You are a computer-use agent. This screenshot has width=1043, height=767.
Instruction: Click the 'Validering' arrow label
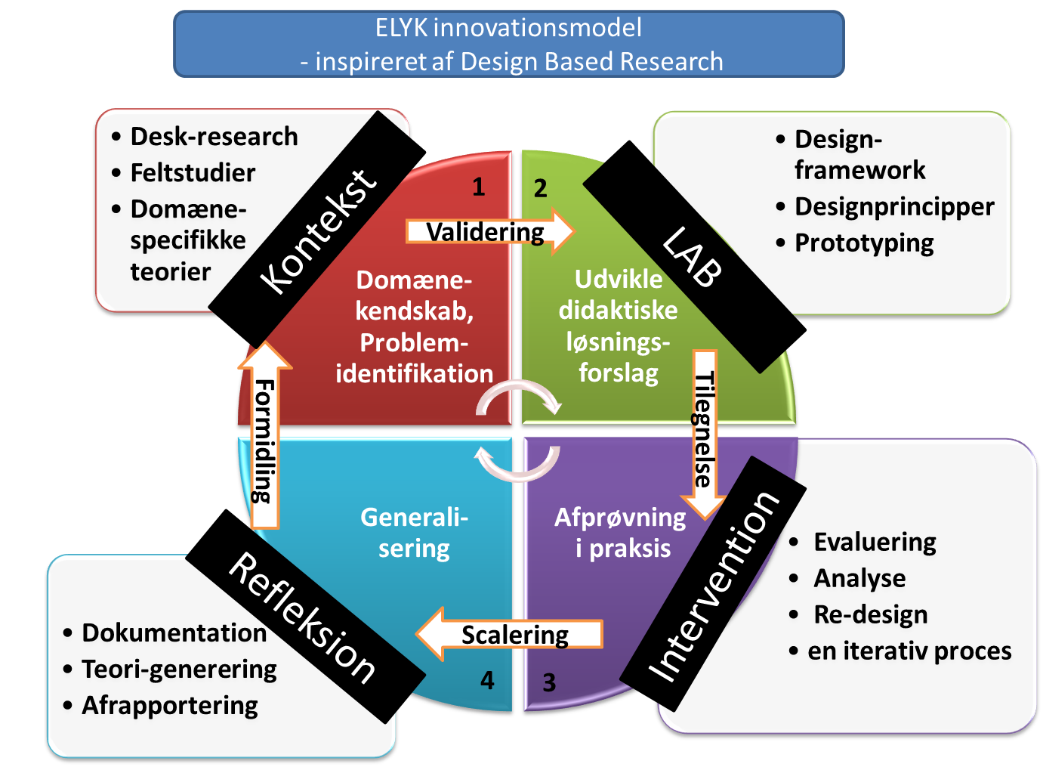click(485, 231)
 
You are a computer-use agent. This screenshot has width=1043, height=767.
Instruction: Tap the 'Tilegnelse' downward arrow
click(704, 431)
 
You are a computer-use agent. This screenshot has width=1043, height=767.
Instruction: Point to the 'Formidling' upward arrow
click(264, 438)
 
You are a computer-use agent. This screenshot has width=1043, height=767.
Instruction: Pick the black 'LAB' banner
click(693, 257)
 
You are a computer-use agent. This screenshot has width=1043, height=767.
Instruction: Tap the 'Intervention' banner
click(714, 586)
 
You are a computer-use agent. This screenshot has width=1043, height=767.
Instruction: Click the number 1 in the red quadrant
click(478, 187)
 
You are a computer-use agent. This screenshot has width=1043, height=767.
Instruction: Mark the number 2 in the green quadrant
click(540, 188)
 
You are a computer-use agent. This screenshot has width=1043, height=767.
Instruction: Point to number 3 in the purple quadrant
click(549, 683)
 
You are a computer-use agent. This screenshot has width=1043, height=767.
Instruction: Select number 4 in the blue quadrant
click(487, 681)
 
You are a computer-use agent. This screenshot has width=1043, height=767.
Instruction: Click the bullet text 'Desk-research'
click(214, 137)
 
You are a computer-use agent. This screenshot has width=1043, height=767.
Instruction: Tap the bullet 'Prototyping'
click(864, 243)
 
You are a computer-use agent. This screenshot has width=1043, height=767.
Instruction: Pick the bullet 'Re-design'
click(870, 614)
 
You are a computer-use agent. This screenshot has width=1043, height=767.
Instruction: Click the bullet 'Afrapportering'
click(170, 706)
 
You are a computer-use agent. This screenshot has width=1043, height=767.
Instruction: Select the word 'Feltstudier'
click(193, 173)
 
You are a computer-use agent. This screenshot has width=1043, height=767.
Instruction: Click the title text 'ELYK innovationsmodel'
click(508, 28)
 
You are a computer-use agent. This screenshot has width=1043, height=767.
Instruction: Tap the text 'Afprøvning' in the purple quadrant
click(620, 518)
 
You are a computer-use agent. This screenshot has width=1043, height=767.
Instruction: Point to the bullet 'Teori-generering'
click(179, 670)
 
